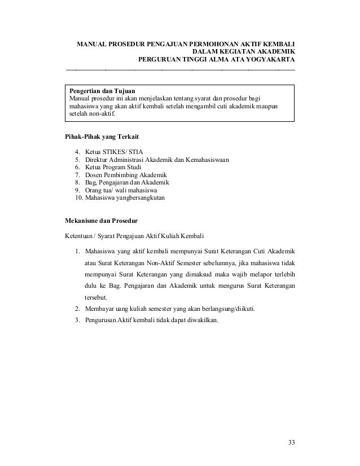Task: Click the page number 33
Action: [291, 441]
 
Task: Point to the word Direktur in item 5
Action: [97, 160]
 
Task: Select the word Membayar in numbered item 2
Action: [99, 309]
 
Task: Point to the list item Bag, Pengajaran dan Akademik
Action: [128, 183]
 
